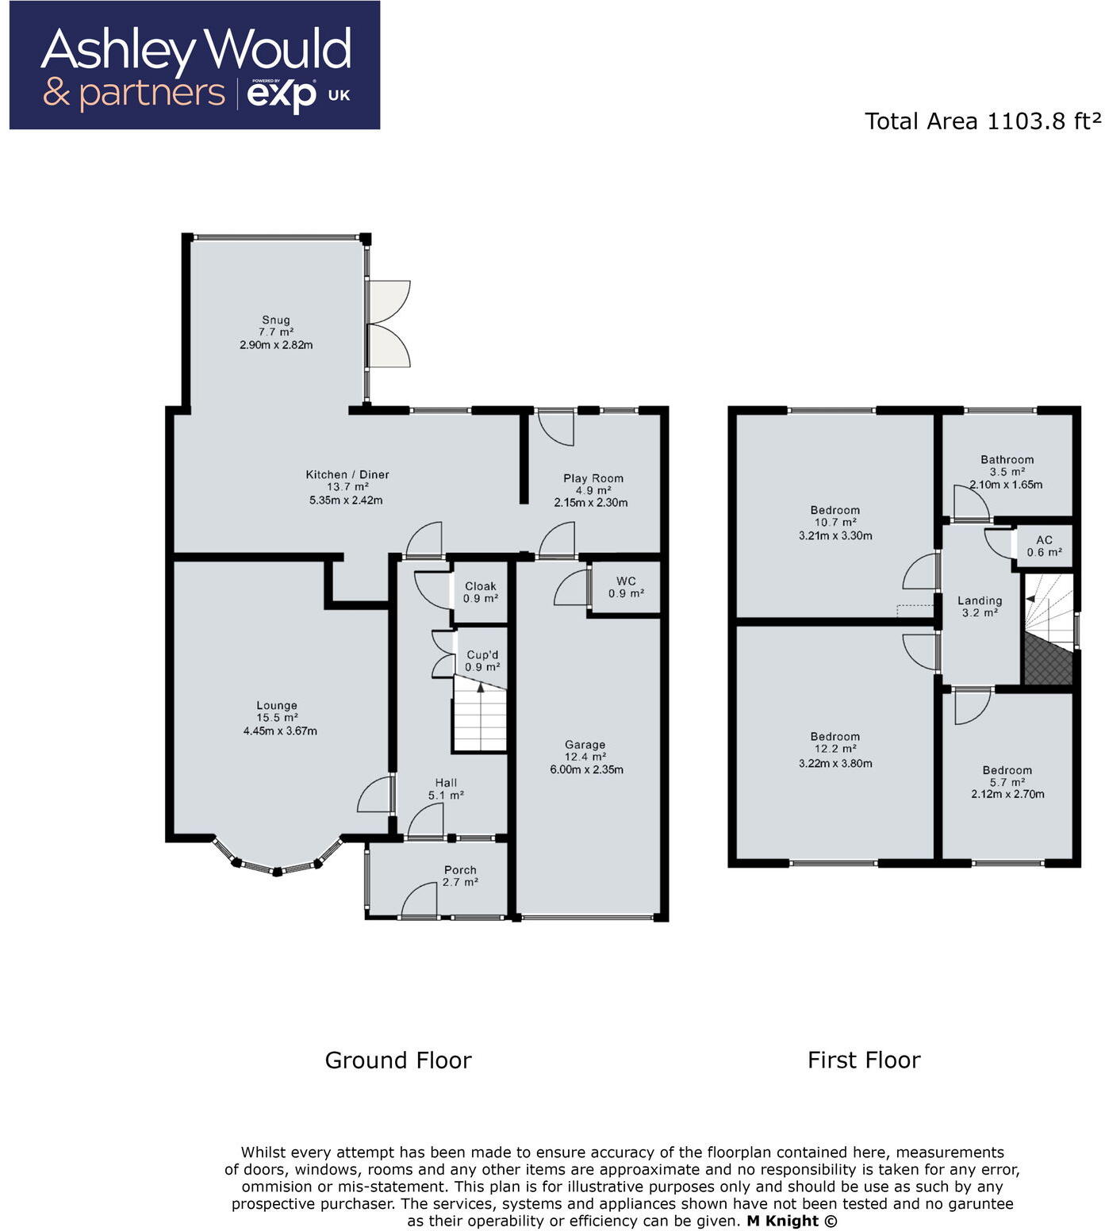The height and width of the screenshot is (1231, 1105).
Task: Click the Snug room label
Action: coord(275,320)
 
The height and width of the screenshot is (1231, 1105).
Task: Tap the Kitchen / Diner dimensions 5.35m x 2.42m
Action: coord(346,500)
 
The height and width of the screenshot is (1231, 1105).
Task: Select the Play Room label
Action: coord(593,478)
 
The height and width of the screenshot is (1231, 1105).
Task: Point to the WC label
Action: coord(626,581)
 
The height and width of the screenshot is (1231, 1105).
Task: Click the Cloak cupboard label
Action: coord(481,586)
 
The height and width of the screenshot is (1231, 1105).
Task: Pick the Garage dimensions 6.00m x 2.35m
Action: coord(586,769)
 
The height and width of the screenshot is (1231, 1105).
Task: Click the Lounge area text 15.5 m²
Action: coord(277,718)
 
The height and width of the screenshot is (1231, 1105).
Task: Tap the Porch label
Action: coord(460,870)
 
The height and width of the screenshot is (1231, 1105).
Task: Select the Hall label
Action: coord(446,783)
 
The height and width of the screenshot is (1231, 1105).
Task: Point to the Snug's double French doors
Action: coord(389,324)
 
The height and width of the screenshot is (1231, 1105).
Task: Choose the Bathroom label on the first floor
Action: coord(1007,459)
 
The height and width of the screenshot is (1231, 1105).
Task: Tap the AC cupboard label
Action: coord(1044,540)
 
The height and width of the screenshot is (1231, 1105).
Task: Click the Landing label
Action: coord(980,600)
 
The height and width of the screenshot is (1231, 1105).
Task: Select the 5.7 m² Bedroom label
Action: coord(1007,770)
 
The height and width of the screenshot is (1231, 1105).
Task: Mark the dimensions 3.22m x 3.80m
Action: coord(835,764)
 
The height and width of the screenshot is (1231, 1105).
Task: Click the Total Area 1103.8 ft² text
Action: coord(982,121)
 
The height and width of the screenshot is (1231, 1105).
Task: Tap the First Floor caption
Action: coord(864,1060)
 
